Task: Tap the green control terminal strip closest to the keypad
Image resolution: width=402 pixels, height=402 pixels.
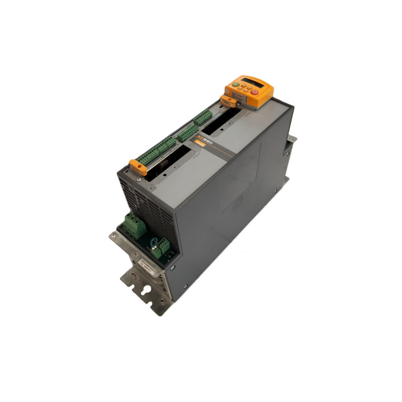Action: point(203,117)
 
